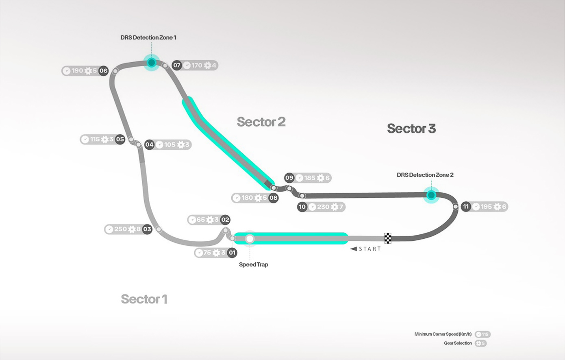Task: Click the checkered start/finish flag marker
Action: (388, 238)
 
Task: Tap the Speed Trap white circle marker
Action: (250, 239)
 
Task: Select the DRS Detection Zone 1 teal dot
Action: (152, 63)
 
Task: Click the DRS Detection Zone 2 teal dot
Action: (431, 195)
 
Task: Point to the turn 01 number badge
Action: (232, 253)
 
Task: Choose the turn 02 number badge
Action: (225, 220)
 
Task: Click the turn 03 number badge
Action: (147, 229)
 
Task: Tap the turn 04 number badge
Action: (149, 144)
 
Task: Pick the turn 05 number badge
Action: (120, 139)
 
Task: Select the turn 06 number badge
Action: (104, 71)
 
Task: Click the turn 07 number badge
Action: (177, 65)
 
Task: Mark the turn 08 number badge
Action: (274, 198)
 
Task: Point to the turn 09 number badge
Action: (289, 178)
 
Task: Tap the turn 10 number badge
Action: (302, 207)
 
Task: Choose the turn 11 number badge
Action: (466, 207)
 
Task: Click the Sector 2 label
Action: (261, 122)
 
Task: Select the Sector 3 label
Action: (411, 129)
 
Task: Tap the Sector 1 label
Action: (144, 299)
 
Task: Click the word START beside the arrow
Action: (369, 249)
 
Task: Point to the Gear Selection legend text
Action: (458, 343)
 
